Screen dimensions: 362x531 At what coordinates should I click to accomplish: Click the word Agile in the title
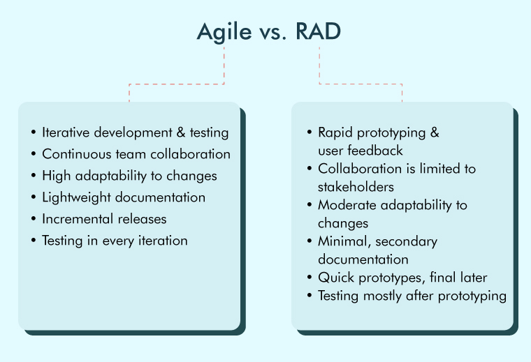[x=222, y=32]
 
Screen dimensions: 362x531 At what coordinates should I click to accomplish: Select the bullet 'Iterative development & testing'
[x=135, y=133]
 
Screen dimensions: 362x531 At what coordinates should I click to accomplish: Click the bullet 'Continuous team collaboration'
[x=136, y=154]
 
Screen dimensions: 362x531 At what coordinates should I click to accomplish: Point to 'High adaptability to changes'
[x=129, y=176]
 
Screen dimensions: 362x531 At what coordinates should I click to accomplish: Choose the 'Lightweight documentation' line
[x=124, y=197]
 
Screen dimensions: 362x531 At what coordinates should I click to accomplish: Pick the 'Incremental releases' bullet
[x=104, y=219]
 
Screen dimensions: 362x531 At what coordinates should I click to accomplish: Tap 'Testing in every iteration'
[x=115, y=241]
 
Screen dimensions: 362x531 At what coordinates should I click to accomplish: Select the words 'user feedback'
[x=361, y=150]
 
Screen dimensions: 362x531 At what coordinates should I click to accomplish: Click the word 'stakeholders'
[x=356, y=187]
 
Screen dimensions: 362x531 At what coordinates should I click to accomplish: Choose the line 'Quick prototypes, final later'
[x=402, y=278]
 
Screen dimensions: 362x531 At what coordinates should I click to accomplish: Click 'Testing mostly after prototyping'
[x=412, y=296]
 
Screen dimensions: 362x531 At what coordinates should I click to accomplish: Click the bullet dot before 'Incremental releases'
[x=34, y=220]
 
